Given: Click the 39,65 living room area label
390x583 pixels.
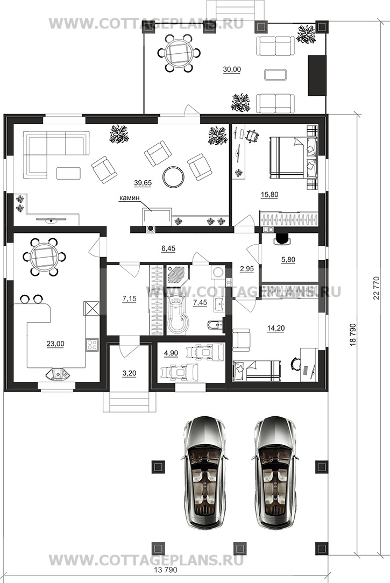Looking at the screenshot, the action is pyautogui.click(x=143, y=182).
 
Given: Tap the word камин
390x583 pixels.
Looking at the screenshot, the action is pyautogui.click(x=130, y=198).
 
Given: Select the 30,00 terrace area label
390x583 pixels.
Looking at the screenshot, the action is pyautogui.click(x=232, y=69).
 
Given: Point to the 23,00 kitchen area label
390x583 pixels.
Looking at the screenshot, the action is pyautogui.click(x=55, y=344).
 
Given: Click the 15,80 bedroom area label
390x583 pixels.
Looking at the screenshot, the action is pyautogui.click(x=270, y=195).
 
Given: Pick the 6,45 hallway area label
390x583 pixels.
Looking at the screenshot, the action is pyautogui.click(x=168, y=248).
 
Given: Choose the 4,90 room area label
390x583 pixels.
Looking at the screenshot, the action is pyautogui.click(x=171, y=353).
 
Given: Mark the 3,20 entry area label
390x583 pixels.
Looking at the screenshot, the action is pyautogui.click(x=130, y=374).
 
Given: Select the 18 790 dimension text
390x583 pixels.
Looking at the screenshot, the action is pyautogui.click(x=353, y=336).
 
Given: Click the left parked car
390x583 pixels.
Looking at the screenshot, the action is pyautogui.click(x=204, y=472).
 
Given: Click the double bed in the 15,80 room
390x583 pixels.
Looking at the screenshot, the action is pyautogui.click(x=293, y=157).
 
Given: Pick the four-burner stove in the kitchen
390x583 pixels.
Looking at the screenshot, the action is pyautogui.click(x=92, y=345).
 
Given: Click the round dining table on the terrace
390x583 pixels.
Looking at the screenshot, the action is pyautogui.click(x=177, y=53).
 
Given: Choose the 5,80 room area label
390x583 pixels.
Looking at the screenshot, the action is pyautogui.click(x=288, y=260).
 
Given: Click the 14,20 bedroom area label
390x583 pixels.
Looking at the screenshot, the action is pyautogui.click(x=276, y=328).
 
